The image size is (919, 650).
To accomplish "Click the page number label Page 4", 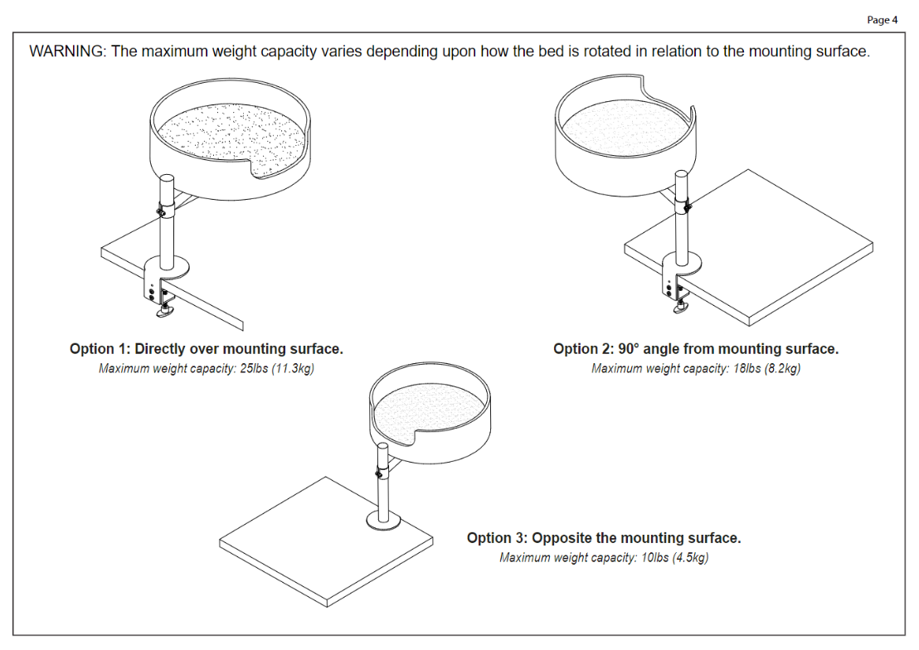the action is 882,20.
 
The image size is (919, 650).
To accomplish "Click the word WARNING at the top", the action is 67,51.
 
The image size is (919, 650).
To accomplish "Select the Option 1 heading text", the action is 207,349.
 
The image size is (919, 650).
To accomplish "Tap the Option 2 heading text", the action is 696,349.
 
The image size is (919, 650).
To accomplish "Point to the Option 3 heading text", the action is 604,538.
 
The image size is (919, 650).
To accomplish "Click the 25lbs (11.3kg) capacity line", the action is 207,369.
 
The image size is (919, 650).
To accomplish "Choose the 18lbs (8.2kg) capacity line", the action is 696,369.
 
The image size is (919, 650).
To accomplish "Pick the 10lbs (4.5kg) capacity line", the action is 604,557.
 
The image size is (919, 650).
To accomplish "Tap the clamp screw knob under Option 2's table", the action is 682,307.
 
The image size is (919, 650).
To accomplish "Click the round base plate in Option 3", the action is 384,521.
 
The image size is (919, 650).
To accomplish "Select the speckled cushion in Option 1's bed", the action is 231,139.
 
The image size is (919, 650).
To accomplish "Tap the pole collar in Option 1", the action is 166,208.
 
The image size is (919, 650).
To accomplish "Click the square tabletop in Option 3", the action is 326,542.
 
